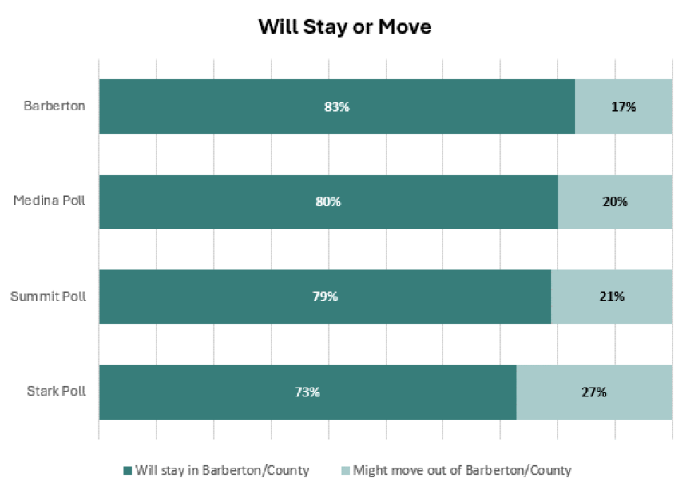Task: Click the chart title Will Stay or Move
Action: [x=344, y=26]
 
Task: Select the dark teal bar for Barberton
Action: [x=240, y=106]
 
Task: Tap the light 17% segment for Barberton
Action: [x=623, y=106]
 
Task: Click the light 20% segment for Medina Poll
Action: [x=615, y=201]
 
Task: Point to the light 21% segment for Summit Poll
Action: [x=611, y=297]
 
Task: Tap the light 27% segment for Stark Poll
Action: [x=594, y=392]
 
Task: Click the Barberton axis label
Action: [x=54, y=106]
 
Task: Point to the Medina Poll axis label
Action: [x=50, y=201]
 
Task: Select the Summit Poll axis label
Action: [x=48, y=297]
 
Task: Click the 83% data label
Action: [x=337, y=106]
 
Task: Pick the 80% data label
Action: [x=328, y=201]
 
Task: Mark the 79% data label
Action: [x=325, y=297]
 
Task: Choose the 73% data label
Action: [x=307, y=392]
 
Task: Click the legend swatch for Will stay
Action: [x=127, y=471]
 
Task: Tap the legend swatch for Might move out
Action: [x=345, y=471]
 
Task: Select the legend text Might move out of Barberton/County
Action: [x=462, y=471]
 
